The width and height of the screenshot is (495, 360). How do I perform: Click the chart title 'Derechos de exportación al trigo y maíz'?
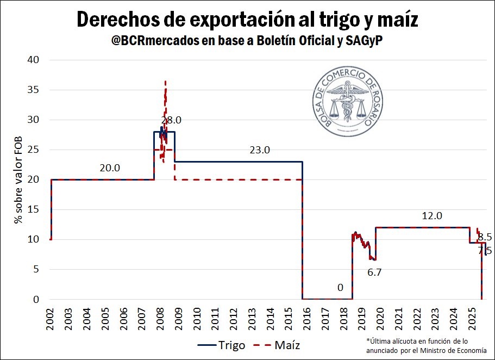click(x=247, y=20)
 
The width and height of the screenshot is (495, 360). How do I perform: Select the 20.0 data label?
click(x=110, y=168)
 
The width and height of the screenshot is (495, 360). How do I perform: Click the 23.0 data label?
click(x=260, y=150)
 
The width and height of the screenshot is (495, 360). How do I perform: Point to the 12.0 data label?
click(x=432, y=216)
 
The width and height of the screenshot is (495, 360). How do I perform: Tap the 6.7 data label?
click(x=374, y=272)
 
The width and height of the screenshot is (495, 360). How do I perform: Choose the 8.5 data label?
click(x=485, y=237)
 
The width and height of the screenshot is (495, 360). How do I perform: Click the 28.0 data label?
click(x=171, y=120)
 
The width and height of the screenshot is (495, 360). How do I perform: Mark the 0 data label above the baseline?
click(x=340, y=288)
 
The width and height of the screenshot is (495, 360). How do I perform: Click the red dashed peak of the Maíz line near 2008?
click(x=165, y=82)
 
